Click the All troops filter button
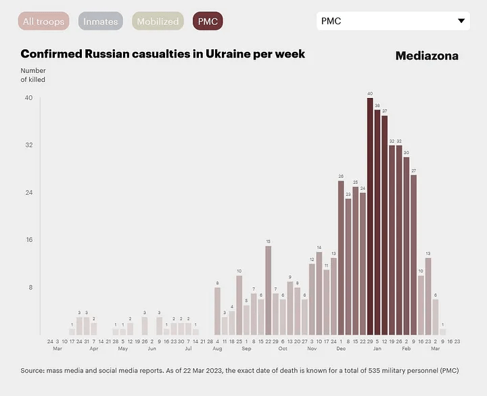click(x=44, y=22)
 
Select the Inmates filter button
click(x=101, y=22)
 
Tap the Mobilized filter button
click(x=158, y=22)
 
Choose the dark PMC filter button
click(x=208, y=22)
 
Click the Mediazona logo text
click(x=427, y=56)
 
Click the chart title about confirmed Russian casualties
click(x=162, y=54)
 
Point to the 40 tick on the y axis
click(x=28, y=98)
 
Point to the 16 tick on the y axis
click(x=28, y=240)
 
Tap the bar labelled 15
click(x=269, y=290)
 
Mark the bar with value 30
click(x=407, y=246)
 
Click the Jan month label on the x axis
click(x=377, y=349)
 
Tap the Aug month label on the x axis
click(x=217, y=349)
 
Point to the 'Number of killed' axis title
click(x=33, y=75)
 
